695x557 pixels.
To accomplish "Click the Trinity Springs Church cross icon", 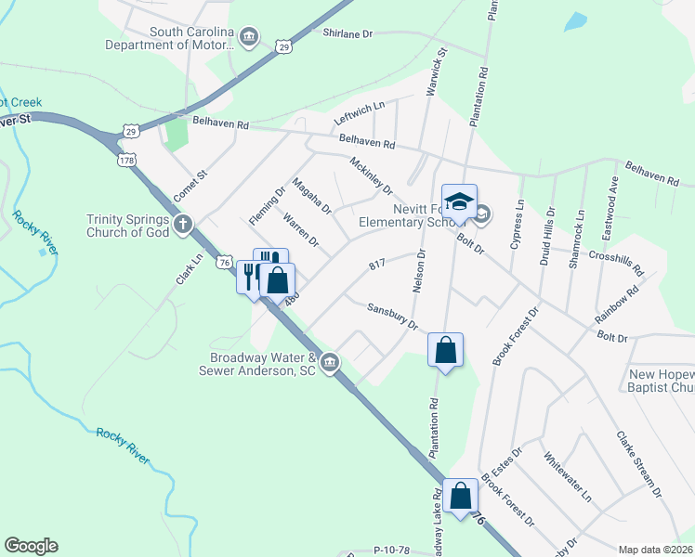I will pos(184,222).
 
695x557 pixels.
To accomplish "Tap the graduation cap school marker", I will pos(459,201).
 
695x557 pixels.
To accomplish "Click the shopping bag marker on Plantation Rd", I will pos(446,350).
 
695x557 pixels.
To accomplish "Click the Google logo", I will pos(31,546).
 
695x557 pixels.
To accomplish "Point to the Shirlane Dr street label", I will pos(347,32).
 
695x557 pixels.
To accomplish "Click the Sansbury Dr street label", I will pos(392,315).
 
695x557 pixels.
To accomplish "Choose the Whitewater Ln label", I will pos(567,475).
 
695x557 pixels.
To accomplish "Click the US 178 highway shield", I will pos(125,161).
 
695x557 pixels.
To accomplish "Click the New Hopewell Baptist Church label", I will pos(662,381).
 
